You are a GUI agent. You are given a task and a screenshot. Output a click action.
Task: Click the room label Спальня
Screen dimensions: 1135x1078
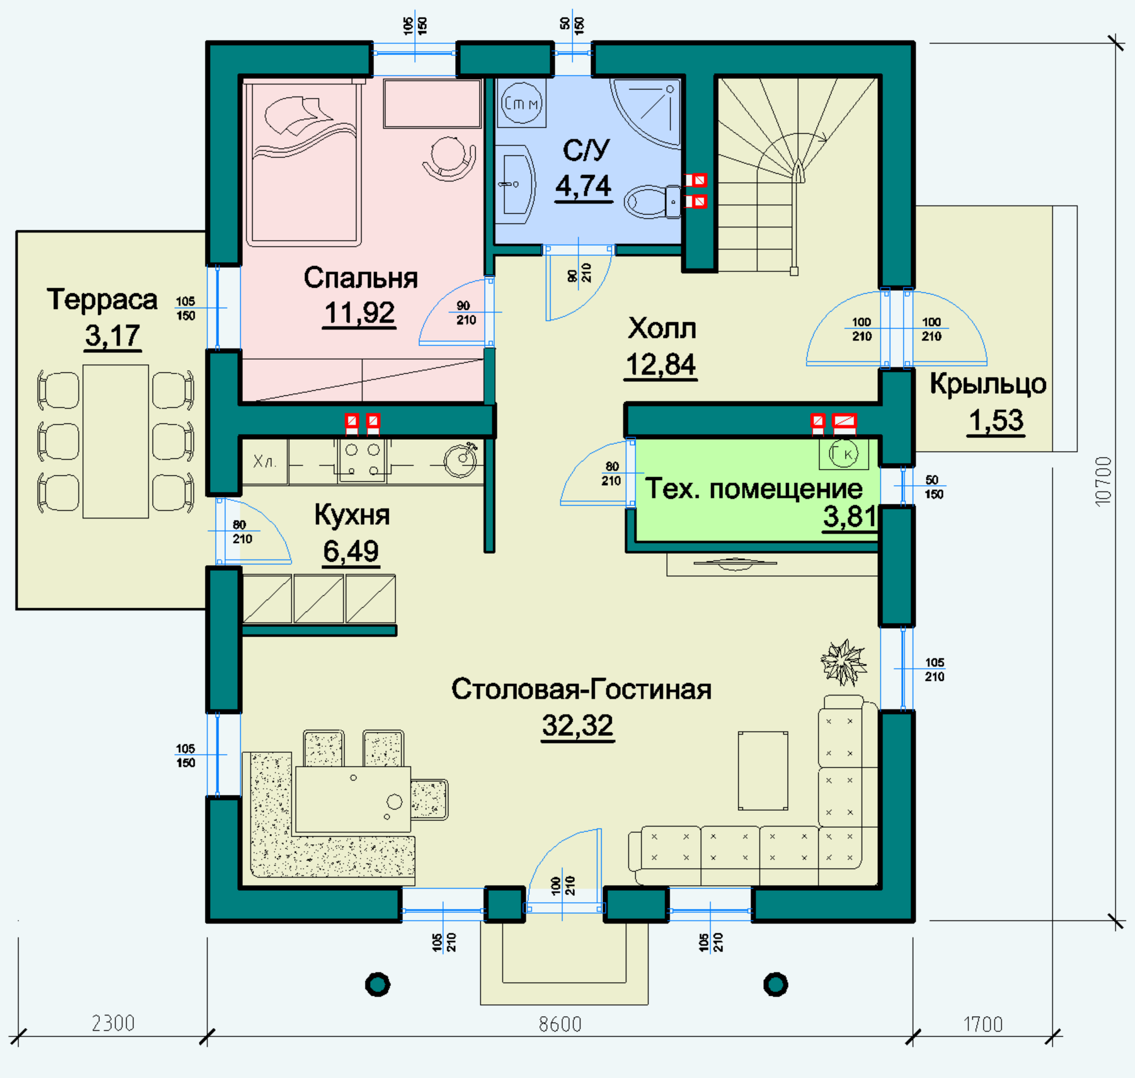(360, 278)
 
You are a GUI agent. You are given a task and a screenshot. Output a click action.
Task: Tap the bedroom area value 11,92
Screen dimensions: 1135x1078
(360, 313)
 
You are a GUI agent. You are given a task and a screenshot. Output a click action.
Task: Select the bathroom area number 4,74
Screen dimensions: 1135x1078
(583, 186)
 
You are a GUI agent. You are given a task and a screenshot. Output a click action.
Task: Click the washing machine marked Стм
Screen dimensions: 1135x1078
(521, 103)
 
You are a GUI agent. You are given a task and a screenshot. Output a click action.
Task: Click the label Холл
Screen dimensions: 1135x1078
(662, 329)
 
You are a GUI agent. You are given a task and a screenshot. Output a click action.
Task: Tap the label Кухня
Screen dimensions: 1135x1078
(352, 515)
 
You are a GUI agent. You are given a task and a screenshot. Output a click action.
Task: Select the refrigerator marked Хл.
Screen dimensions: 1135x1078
(264, 462)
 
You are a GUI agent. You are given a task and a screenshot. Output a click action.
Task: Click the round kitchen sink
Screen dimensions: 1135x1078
(460, 460)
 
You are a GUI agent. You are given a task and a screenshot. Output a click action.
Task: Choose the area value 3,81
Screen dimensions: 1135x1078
(849, 517)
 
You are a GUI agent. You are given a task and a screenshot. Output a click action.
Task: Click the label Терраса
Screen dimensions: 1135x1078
(102, 300)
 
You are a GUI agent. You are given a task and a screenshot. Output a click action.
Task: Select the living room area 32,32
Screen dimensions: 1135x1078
(578, 725)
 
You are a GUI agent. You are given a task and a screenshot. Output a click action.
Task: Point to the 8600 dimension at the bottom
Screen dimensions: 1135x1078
(560, 1024)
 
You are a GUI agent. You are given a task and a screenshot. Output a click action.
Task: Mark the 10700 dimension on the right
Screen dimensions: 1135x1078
(1103, 482)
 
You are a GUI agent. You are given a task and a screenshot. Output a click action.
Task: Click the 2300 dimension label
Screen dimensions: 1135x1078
(113, 1024)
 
